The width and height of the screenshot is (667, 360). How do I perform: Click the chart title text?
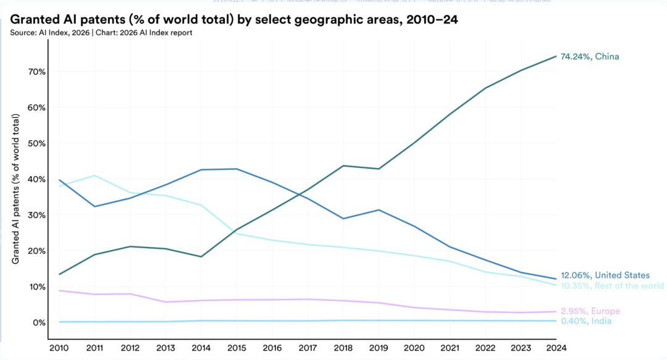point(233,20)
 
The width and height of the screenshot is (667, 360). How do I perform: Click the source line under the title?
point(101,33)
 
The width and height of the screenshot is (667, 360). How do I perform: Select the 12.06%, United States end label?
point(605,275)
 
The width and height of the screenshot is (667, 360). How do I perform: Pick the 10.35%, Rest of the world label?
point(612,286)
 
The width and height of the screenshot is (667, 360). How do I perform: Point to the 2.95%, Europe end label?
point(590,311)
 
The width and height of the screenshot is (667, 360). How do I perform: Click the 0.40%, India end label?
point(587,322)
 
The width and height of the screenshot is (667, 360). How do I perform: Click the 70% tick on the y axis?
point(36,72)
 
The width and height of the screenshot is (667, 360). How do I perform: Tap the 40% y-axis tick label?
point(36,179)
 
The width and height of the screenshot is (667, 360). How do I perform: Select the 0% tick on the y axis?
point(39,322)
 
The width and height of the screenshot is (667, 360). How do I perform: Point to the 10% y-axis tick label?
point(36,287)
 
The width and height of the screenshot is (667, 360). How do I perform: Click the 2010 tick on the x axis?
point(59,348)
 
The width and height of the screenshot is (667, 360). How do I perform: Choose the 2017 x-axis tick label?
point(308,348)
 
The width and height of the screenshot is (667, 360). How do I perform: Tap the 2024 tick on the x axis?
point(556,348)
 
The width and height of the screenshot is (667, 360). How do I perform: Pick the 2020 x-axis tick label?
point(414,348)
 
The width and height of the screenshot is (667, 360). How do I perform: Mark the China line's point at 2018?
point(343,165)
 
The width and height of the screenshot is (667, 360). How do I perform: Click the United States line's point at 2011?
point(94,206)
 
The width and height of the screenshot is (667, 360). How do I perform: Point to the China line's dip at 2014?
point(201,256)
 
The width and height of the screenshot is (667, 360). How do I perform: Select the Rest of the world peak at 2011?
point(94,175)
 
